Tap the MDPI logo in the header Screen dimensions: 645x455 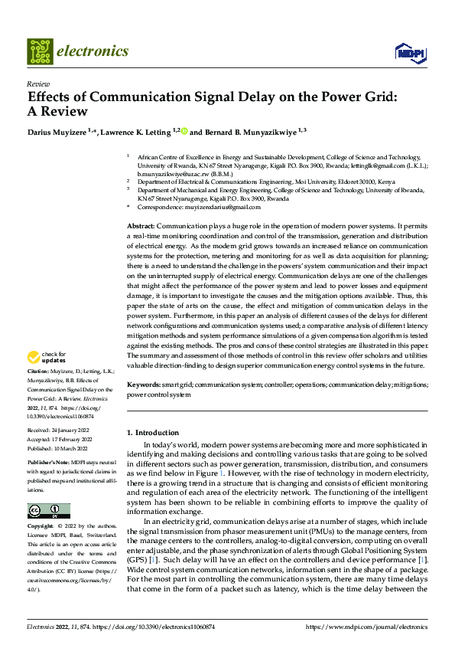point(405,52)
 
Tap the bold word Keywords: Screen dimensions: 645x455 point(144,385)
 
